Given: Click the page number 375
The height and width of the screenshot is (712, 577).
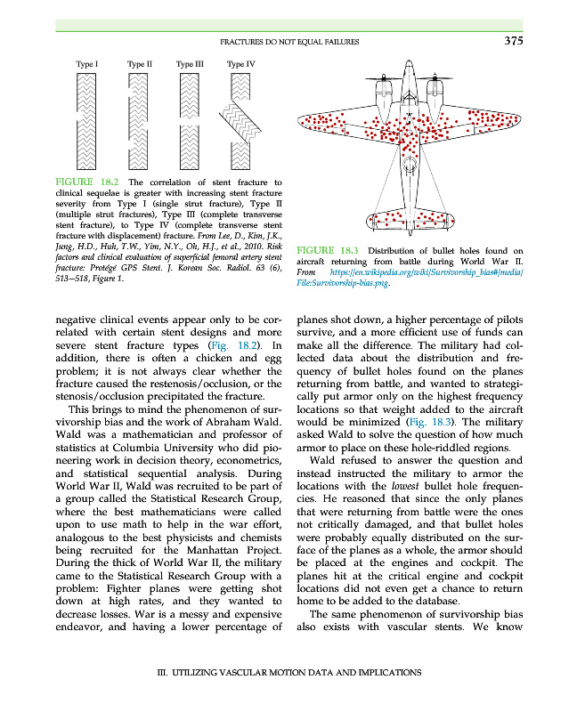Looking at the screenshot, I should pyautogui.click(x=513, y=40).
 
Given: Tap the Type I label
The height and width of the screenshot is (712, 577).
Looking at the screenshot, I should pyautogui.click(x=87, y=64).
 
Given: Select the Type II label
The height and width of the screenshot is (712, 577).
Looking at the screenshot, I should pyautogui.click(x=140, y=64).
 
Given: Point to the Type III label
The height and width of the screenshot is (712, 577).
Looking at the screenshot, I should pyautogui.click(x=190, y=64).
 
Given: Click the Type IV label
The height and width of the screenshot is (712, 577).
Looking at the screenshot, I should pyautogui.click(x=241, y=64).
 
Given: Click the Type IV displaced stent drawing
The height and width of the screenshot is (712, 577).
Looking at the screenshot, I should pyautogui.click(x=241, y=119).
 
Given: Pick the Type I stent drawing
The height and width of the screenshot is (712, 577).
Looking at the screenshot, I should pyautogui.click(x=87, y=119).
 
